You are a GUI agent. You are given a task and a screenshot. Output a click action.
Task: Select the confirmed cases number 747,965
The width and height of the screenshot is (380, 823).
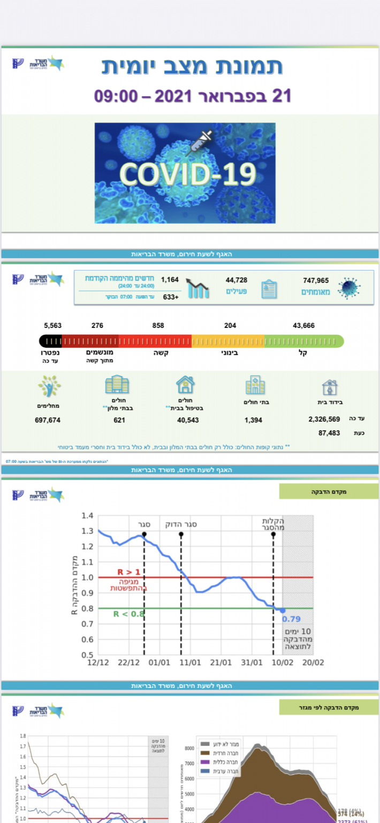tap(315, 280)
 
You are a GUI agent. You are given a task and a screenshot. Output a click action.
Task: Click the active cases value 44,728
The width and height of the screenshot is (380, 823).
tap(236, 280)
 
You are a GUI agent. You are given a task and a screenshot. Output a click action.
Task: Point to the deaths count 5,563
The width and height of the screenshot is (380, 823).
tap(54, 325)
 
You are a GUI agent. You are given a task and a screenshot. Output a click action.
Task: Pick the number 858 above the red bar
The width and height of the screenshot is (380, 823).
tap(158, 325)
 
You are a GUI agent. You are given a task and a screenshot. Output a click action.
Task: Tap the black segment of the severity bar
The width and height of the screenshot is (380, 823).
tap(50, 341)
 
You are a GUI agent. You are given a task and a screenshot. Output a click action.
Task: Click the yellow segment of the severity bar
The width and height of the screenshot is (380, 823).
tap(228, 341)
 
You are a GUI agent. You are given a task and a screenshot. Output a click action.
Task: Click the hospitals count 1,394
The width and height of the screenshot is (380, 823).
tap(253, 420)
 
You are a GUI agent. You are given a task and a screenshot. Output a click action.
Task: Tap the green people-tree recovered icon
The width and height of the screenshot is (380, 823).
tap(49, 386)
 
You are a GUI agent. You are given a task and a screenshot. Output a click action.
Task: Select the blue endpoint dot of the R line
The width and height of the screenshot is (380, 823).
tap(283, 610)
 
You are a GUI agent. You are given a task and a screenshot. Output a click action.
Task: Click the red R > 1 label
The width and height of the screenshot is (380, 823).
tap(128, 572)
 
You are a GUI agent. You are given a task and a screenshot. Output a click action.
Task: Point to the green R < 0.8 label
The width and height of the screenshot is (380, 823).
tap(128, 613)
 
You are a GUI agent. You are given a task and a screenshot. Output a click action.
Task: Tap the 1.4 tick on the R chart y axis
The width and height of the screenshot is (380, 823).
tap(88, 516)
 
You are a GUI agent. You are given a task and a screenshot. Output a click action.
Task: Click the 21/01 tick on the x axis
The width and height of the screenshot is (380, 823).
tap(221, 663)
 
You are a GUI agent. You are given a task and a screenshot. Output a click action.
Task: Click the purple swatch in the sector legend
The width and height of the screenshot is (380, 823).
tap(204, 762)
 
